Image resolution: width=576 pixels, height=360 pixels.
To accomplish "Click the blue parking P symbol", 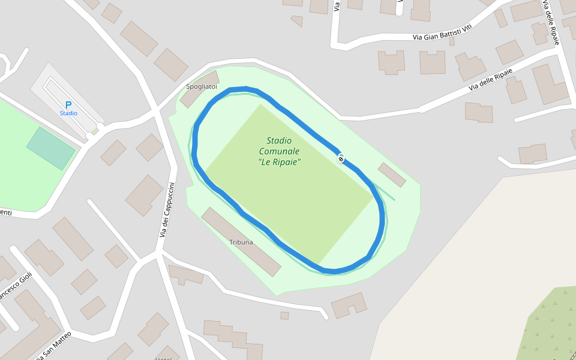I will (68, 105).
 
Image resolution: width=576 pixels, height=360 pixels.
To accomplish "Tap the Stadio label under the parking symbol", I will (68, 113).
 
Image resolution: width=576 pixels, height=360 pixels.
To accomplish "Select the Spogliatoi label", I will (201, 87).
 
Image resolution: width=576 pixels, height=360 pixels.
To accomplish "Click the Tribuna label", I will (241, 242).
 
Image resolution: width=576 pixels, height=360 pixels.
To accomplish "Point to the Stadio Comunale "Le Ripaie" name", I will (279, 151).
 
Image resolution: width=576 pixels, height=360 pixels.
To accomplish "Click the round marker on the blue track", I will (341, 158).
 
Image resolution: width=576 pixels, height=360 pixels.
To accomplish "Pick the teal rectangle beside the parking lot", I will (51, 148).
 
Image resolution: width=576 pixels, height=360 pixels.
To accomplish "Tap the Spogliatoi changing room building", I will (200, 90).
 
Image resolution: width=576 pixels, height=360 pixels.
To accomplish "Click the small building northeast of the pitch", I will (392, 175).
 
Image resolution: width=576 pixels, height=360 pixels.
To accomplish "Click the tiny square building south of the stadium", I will (284, 316).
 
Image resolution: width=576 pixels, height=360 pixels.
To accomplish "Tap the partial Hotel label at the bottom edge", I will (163, 358).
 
